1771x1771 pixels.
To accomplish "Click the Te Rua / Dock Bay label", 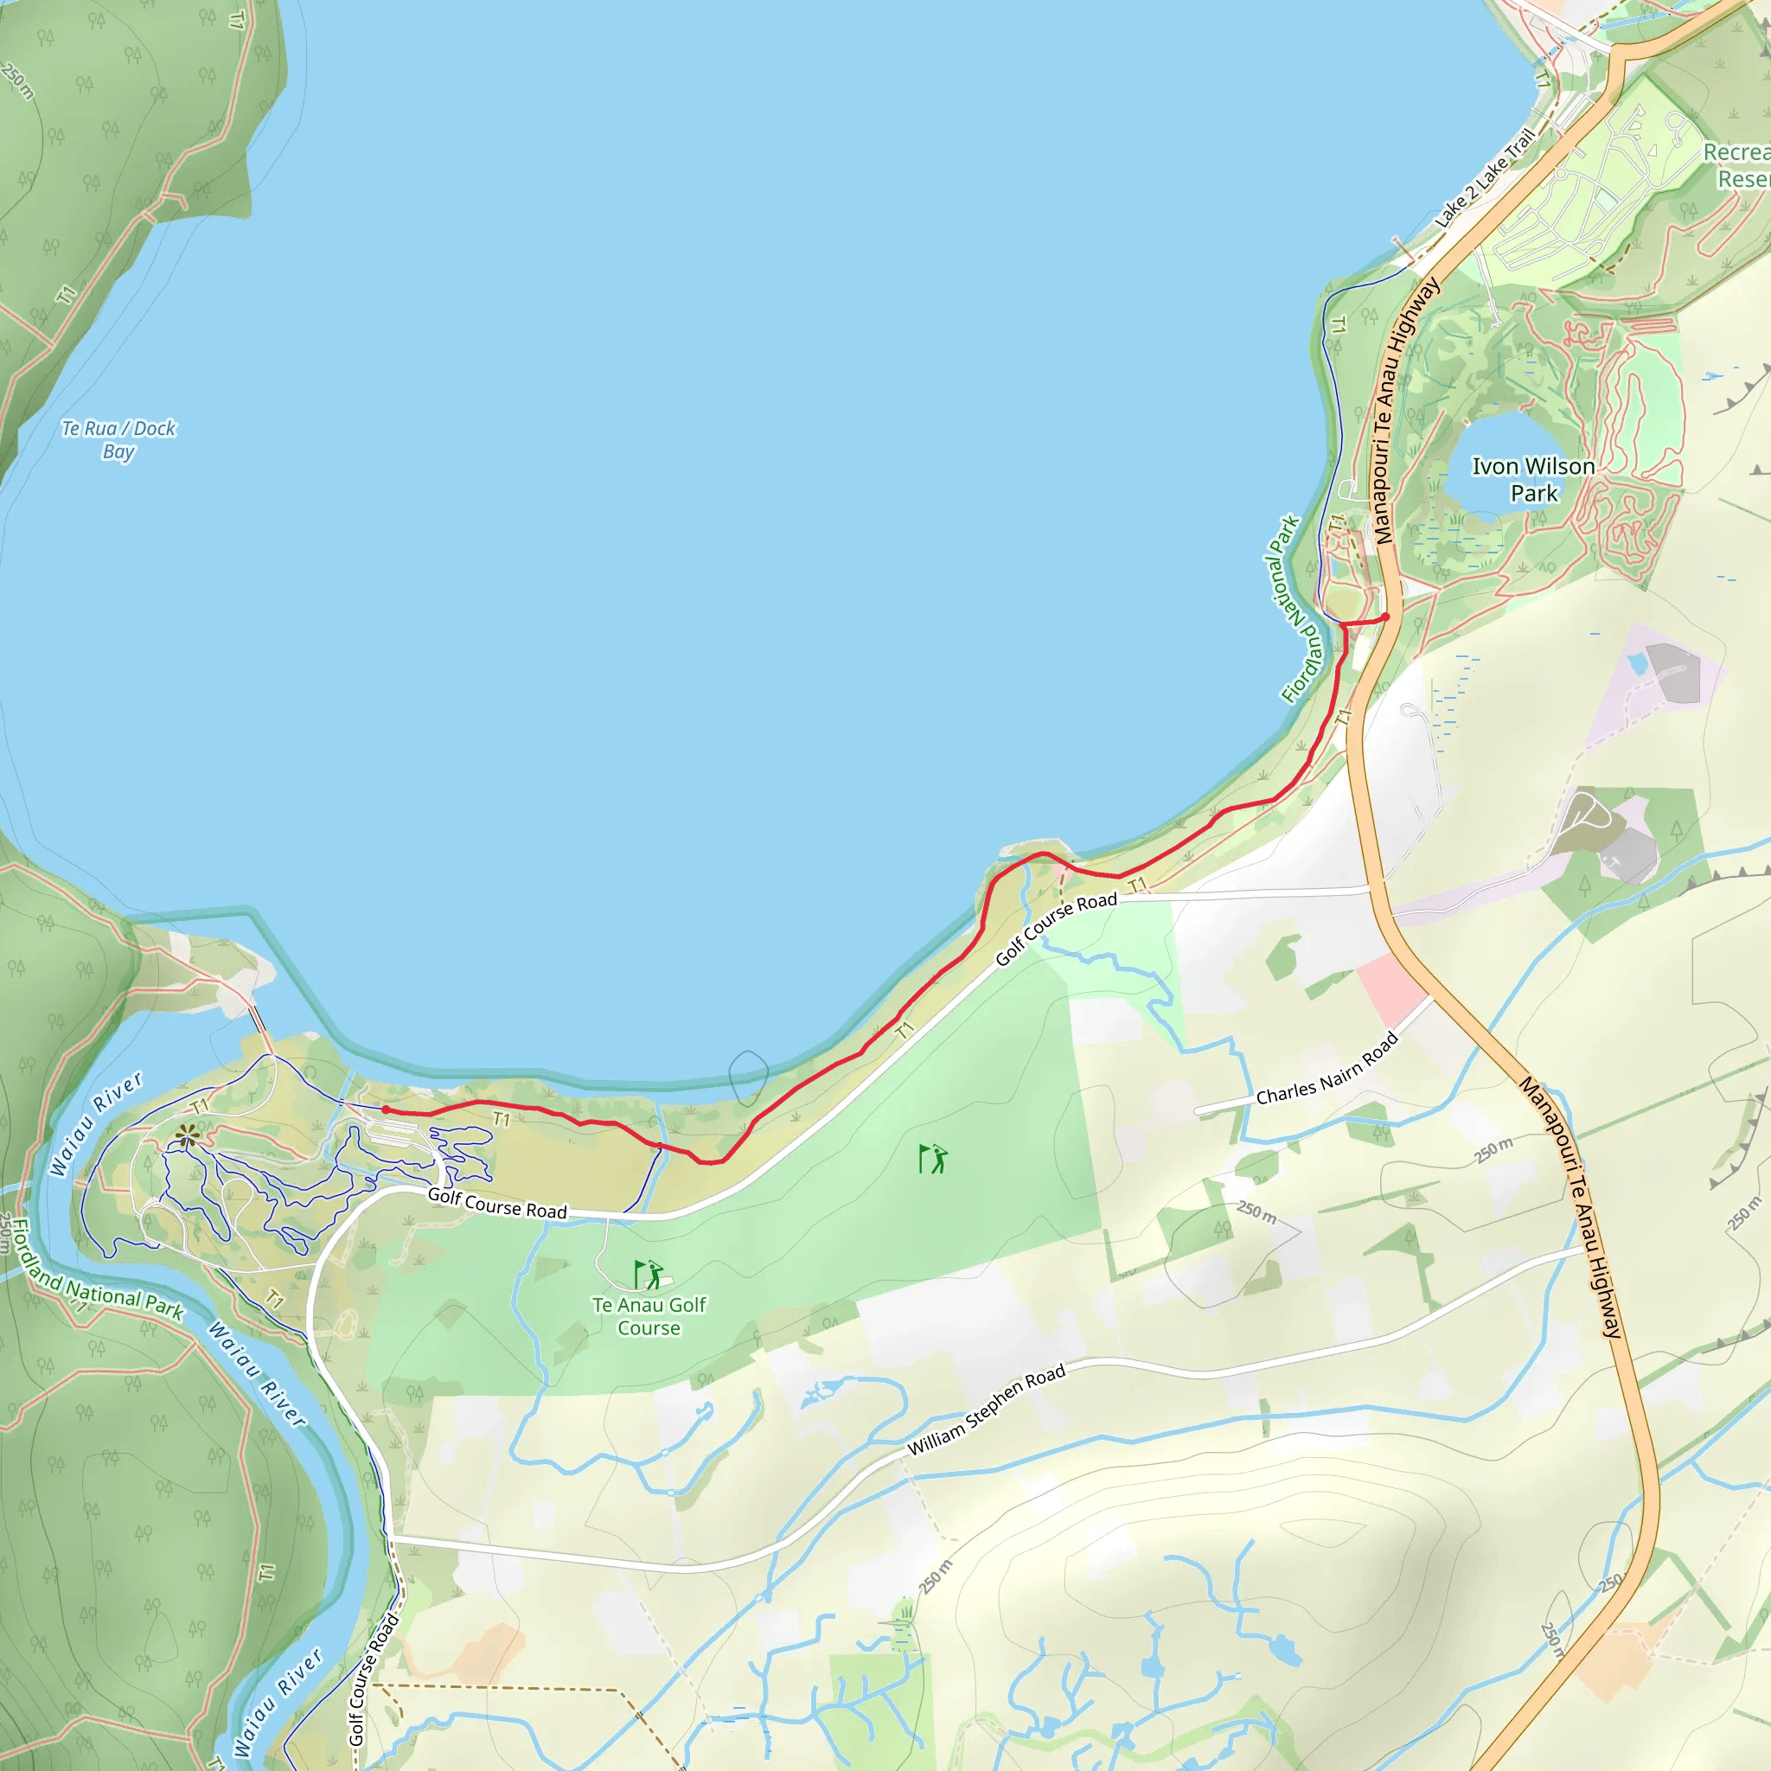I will [118, 440].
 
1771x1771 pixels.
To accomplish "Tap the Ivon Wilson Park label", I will [1533, 479].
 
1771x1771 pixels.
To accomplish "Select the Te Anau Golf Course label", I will [649, 1316].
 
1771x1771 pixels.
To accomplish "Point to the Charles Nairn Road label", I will [1327, 1069].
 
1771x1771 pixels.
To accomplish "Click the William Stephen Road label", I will [987, 1410].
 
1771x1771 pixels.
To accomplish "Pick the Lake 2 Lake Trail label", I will [1484, 178].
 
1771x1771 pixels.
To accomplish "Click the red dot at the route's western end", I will [386, 1110].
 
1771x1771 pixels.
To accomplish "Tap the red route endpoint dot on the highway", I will [1386, 617].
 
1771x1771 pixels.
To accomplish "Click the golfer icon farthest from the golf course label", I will [933, 1159].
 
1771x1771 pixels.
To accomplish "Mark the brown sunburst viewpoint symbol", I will [187, 1136].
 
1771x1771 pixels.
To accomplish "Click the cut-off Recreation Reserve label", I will [1737, 165].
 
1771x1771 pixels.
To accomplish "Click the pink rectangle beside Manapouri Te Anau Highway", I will [1391, 990].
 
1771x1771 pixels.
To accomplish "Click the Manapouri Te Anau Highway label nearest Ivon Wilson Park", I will [1403, 412].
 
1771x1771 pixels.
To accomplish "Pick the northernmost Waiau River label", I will [95, 1124].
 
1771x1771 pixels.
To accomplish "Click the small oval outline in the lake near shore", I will [748, 1077].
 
